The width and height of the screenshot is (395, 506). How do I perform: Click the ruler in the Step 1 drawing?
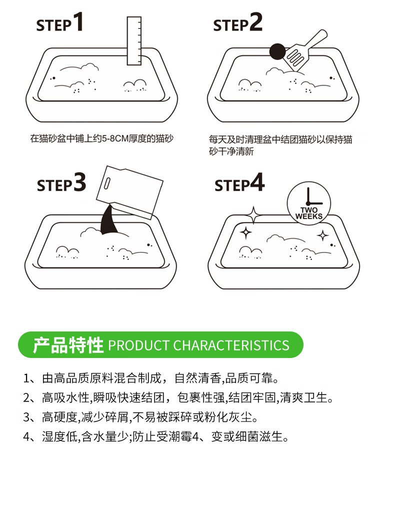click(x=134, y=40)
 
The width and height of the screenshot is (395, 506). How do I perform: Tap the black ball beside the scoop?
click(x=277, y=51)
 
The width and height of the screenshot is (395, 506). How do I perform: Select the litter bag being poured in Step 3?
click(x=129, y=192)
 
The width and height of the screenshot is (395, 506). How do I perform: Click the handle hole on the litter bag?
click(x=107, y=183)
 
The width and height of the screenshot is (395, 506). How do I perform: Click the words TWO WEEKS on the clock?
click(x=309, y=213)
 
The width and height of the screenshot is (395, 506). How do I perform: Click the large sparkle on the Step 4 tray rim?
click(x=253, y=214)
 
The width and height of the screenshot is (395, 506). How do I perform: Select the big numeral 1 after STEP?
click(x=78, y=21)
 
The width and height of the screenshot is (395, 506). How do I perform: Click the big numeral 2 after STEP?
click(x=255, y=21)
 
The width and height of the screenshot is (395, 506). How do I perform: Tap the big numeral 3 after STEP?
click(x=80, y=182)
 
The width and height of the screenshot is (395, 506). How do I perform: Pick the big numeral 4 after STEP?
click(x=257, y=182)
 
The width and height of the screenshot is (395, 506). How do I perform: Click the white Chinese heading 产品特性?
click(x=68, y=345)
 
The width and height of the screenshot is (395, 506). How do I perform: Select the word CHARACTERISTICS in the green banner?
click(x=231, y=345)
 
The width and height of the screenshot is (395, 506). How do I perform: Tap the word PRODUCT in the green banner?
click(x=139, y=345)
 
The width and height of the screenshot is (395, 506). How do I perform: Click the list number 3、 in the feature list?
click(x=30, y=417)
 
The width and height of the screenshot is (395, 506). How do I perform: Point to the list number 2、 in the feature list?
click(x=30, y=397)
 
